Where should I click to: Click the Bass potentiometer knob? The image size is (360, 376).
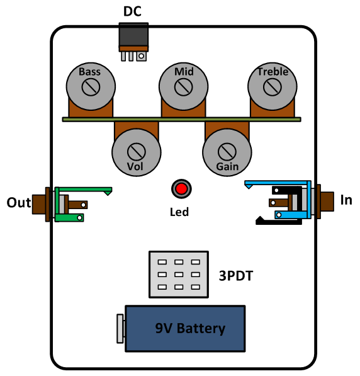[91, 86]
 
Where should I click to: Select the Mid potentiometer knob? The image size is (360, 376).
[183, 86]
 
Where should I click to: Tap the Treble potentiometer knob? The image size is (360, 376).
[273, 86]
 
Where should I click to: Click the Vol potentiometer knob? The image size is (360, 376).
[137, 152]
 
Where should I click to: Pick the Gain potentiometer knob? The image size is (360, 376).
[227, 152]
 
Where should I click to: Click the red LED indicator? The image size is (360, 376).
[181, 189]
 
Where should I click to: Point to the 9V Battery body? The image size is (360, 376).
[185, 329]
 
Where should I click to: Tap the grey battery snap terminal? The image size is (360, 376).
[120, 329]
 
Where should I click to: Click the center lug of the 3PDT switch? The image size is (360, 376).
[179, 275]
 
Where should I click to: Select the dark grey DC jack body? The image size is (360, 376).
[133, 34]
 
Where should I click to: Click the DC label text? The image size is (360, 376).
[132, 11]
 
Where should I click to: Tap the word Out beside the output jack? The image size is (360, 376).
[19, 203]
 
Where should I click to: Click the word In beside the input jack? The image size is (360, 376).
[346, 200]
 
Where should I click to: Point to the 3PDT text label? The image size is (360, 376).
[236, 276]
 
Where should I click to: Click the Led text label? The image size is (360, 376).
[179, 212]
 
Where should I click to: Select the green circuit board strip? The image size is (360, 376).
[182, 120]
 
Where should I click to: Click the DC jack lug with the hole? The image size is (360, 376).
[142, 56]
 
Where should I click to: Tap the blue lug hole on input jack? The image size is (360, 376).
[279, 215]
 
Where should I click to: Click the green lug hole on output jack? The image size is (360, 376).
[79, 218]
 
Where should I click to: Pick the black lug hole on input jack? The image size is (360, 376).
[276, 190]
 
